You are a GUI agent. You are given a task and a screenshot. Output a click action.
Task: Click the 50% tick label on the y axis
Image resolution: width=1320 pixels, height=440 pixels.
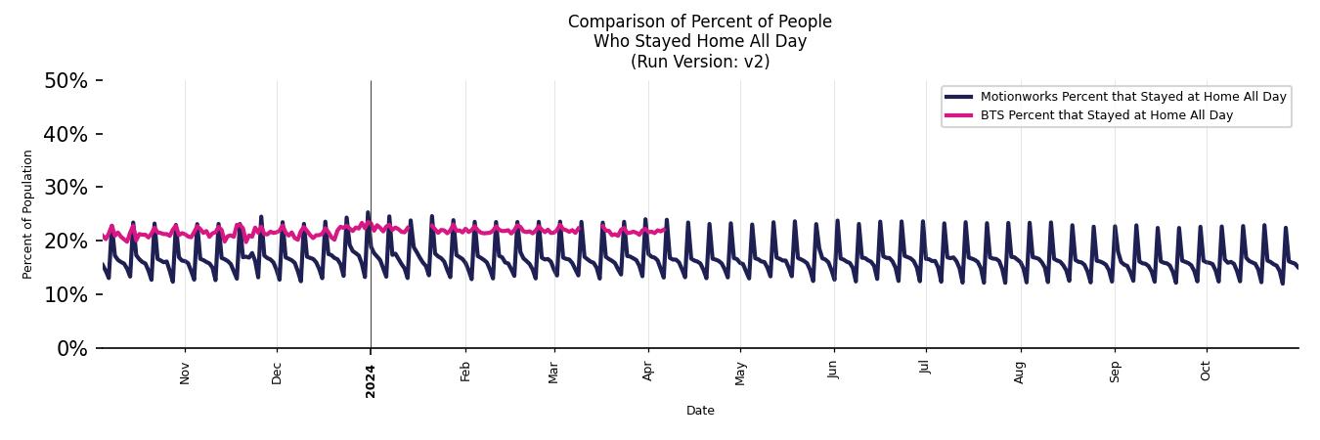[x=66, y=81]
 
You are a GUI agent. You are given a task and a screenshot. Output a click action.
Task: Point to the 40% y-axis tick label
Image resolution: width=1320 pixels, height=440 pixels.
[x=66, y=135]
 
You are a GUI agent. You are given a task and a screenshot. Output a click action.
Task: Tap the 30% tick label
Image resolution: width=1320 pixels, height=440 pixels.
[x=66, y=188]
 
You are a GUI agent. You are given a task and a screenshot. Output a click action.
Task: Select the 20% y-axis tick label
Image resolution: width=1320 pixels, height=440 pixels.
[x=66, y=242]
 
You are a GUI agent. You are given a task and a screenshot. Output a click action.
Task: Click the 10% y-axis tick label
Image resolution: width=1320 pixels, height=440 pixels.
[x=66, y=295]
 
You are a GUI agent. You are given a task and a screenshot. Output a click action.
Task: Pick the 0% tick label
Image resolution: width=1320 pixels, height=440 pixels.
[x=71, y=349]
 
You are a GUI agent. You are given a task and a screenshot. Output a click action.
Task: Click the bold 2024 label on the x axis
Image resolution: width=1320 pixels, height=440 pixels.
[x=371, y=375]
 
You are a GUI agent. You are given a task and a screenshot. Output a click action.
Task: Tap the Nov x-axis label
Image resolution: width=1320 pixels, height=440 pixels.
[x=185, y=373]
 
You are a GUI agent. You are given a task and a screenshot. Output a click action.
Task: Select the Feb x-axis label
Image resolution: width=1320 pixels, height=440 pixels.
[x=465, y=372]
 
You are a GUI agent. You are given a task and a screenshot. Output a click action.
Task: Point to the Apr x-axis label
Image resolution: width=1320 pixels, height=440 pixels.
[x=648, y=372]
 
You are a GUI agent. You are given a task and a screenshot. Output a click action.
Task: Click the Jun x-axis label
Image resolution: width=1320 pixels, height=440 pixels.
[x=833, y=372]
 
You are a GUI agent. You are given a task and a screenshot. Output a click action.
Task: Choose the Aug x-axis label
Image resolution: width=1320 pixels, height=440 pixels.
[x=1020, y=373]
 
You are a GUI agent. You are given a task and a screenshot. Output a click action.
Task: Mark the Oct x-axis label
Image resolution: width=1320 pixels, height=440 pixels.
[x=1206, y=372]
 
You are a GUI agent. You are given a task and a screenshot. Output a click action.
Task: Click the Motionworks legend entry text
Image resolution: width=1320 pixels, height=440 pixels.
[x=1133, y=97]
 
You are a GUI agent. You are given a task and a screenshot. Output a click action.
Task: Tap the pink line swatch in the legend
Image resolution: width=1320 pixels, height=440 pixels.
[x=959, y=115]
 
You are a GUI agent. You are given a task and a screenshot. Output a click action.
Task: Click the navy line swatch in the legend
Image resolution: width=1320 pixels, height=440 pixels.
[x=959, y=97]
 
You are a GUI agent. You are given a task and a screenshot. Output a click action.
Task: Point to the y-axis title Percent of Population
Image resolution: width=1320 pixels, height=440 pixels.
[x=28, y=214]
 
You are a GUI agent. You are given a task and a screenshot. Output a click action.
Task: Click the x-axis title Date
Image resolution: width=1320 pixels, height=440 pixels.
[x=700, y=411]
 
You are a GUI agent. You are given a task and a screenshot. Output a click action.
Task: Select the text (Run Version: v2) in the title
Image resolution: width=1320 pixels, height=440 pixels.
[x=700, y=62]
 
